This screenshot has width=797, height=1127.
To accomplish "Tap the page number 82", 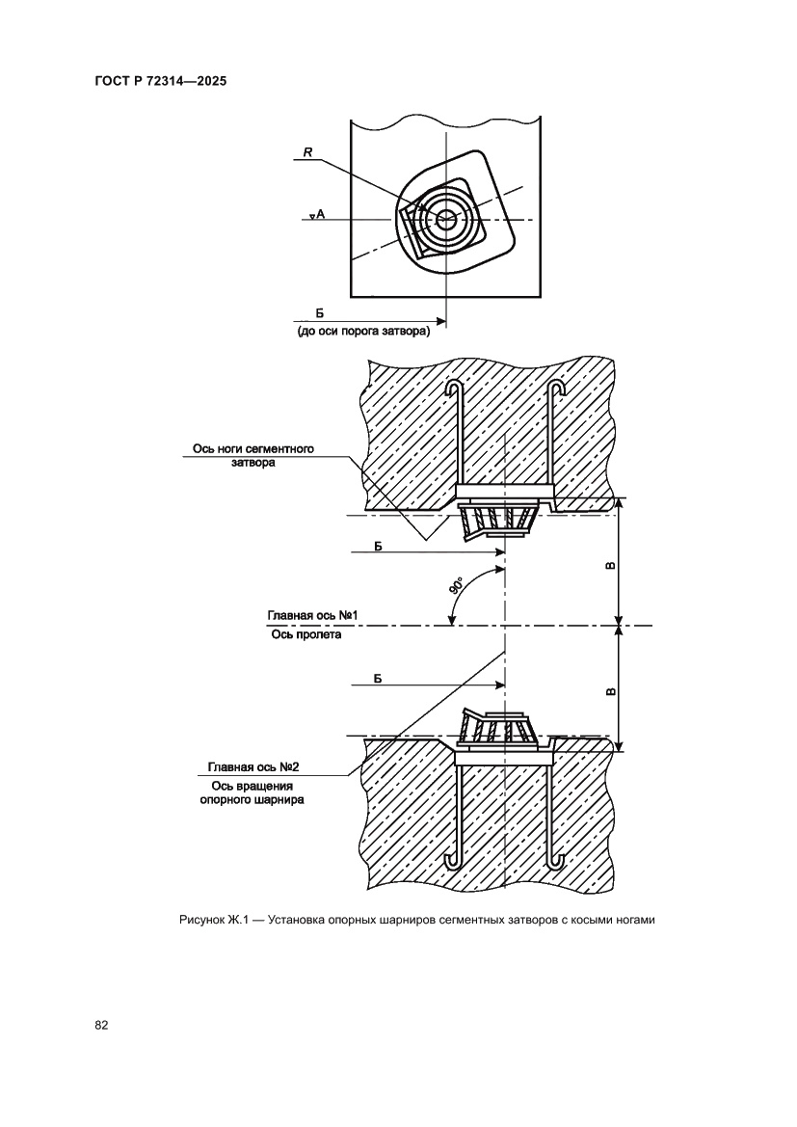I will tap(101, 1024).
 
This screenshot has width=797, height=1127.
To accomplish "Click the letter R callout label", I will tap(306, 151).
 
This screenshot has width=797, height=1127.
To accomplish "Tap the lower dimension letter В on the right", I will tap(611, 690).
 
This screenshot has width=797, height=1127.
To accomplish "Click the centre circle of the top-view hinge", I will tap(445, 219).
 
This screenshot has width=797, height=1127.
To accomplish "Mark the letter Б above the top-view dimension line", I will tap(319, 311).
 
